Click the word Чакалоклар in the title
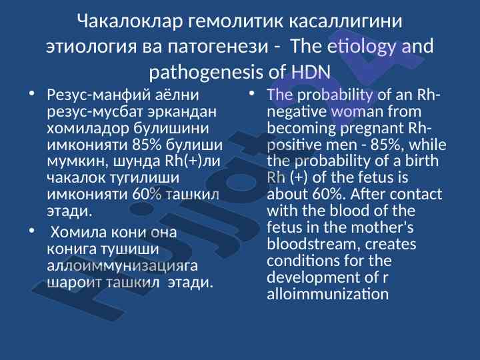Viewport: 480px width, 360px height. (x=130, y=21)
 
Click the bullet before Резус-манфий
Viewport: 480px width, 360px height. (x=31, y=93)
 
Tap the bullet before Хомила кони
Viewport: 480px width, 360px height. (x=31, y=231)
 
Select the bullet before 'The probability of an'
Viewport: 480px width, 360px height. (x=251, y=93)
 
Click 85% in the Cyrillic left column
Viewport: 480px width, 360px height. (x=147, y=145)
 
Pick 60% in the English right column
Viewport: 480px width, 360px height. (x=329, y=194)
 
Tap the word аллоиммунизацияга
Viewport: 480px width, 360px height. (x=122, y=265)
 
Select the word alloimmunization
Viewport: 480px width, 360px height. (x=327, y=293)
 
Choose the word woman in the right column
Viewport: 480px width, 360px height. (x=357, y=111)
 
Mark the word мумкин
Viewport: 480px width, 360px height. (x=78, y=161)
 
